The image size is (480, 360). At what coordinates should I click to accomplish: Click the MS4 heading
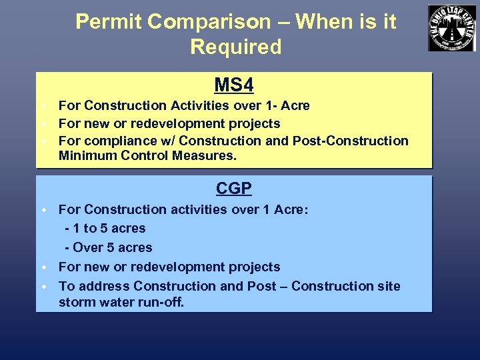pos(233,85)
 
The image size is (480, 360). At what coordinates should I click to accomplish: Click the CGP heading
pos(233,189)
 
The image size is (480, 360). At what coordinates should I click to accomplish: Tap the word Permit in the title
pos(109,22)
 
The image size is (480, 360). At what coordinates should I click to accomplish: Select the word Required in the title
pos(235,47)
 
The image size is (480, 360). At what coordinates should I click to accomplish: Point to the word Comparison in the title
pos(217,22)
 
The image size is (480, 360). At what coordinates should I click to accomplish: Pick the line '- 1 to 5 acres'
pos(105,228)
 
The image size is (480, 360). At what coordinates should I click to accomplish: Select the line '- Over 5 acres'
pos(109,247)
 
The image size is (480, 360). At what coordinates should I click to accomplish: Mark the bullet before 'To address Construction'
pos(41,287)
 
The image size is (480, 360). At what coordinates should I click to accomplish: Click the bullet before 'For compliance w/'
pos(41,141)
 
